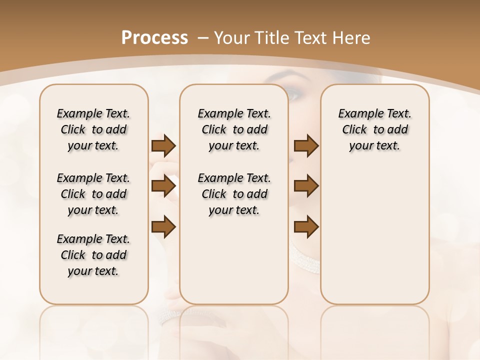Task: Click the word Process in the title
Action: pos(154,37)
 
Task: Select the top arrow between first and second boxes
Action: pos(163,146)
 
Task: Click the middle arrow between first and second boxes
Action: pos(163,186)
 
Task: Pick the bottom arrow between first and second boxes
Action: pos(163,226)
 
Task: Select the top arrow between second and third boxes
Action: pos(306,146)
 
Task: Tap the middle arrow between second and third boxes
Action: pos(306,186)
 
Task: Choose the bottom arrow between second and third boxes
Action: pos(306,226)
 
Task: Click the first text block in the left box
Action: pos(93,129)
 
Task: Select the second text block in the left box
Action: pos(93,194)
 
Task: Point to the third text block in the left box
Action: pos(93,255)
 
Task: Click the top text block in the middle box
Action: pos(234,129)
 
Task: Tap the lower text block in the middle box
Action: pos(234,194)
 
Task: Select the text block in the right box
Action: pos(374,129)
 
